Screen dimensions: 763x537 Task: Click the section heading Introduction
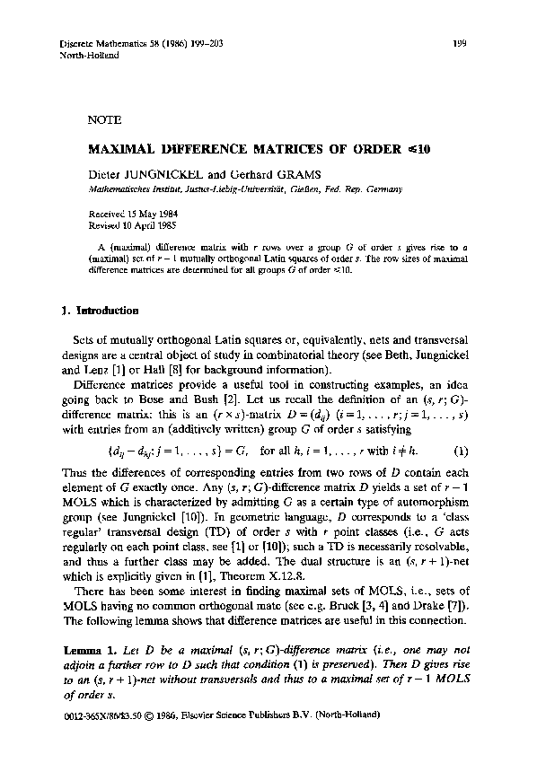click(x=105, y=311)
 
